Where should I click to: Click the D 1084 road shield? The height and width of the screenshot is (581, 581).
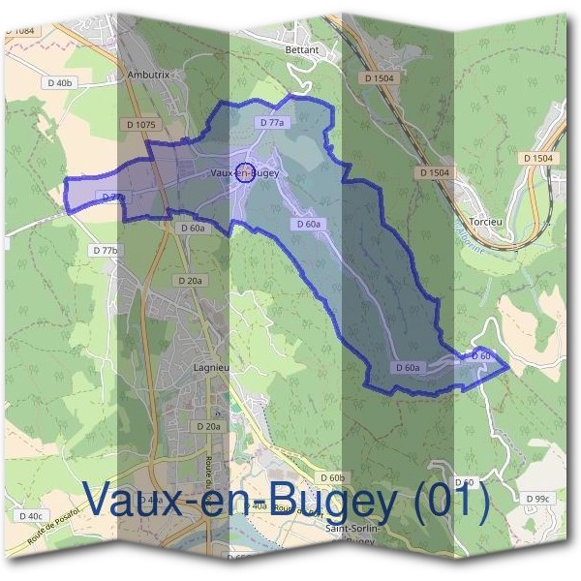18,32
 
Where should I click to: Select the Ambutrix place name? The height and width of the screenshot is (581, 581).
149,74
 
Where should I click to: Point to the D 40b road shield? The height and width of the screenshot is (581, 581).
58,83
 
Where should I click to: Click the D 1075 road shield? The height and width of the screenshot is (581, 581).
140,124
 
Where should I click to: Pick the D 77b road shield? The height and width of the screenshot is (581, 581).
107,250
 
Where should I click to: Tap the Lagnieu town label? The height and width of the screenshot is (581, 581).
209,368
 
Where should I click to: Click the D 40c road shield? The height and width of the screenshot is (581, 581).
31,515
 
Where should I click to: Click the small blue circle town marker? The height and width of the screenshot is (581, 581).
245,174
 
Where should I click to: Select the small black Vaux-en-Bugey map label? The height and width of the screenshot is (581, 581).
244,173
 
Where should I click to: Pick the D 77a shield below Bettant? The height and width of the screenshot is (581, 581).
272,123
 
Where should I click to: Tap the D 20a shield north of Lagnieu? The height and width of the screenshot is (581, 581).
190,280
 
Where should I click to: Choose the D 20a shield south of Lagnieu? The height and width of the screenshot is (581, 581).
207,426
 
